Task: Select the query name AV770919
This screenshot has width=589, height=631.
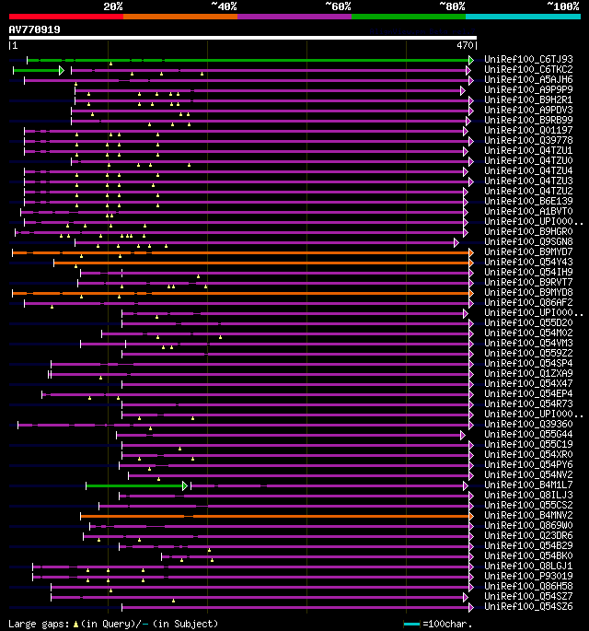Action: pos(34,29)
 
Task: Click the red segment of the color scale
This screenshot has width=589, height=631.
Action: pos(65,16)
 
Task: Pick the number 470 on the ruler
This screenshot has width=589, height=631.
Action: pos(465,43)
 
